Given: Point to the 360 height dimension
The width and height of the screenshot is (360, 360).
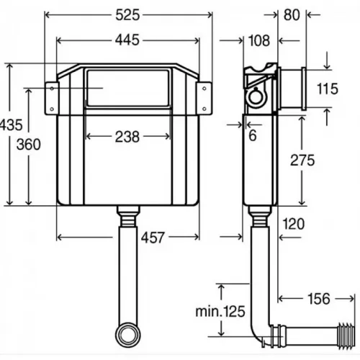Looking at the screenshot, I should [x=27, y=143].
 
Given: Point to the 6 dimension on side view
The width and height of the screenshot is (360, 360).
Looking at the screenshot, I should [x=252, y=135].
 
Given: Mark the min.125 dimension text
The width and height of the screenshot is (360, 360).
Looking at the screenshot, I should [x=220, y=312].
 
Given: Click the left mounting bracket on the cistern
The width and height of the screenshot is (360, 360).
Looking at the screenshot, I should [x=52, y=97].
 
